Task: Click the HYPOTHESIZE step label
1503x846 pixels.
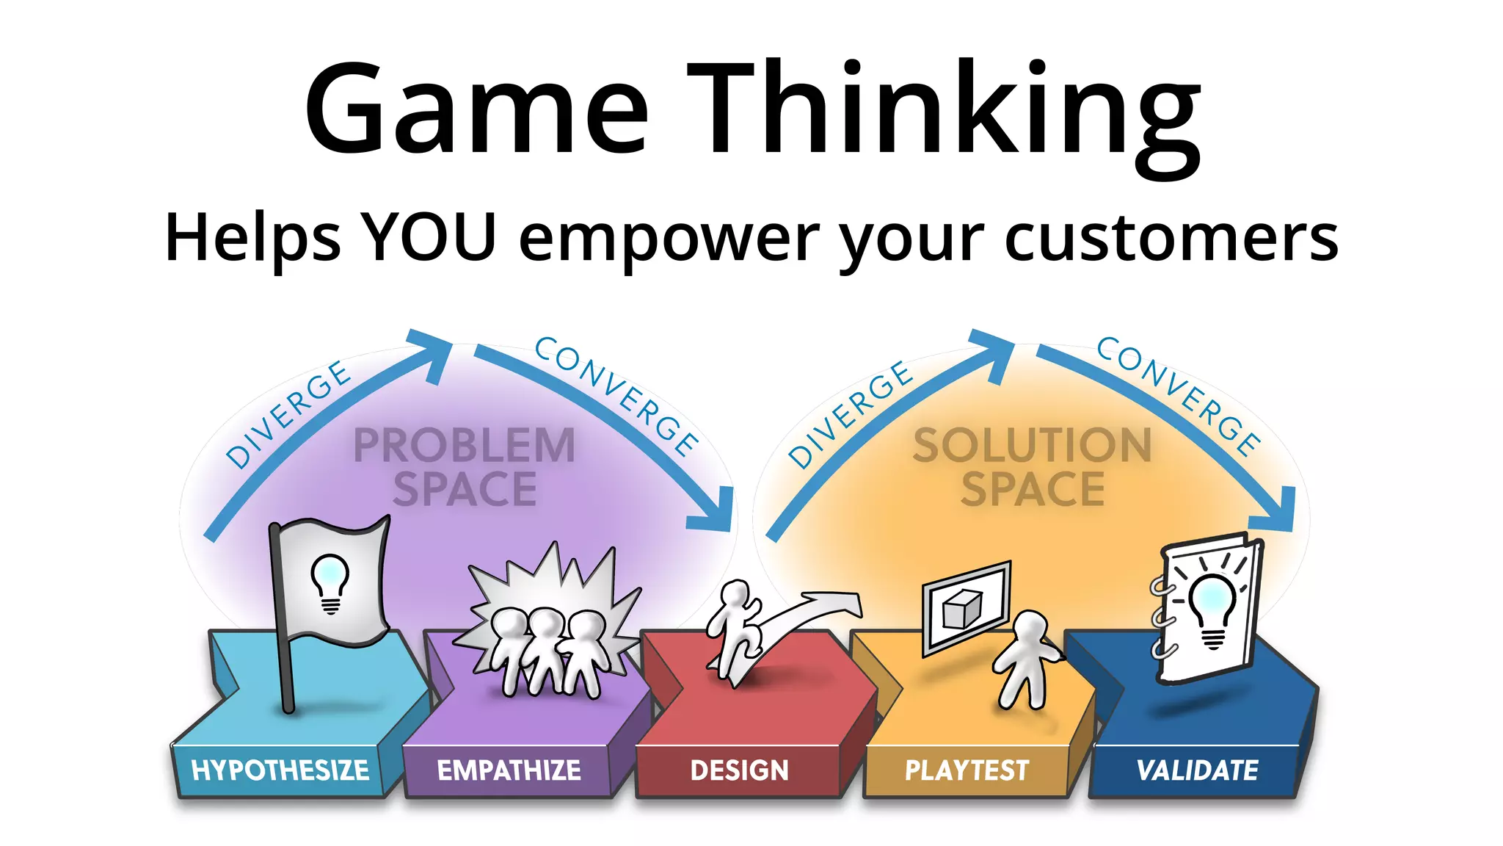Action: pos(280,770)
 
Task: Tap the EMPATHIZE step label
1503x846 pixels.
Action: pos(509,770)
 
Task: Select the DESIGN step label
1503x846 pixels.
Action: pos(739,770)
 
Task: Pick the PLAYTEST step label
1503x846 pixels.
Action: pos(967,770)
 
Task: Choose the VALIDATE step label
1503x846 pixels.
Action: pos(1197,770)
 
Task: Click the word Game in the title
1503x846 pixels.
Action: pos(477,110)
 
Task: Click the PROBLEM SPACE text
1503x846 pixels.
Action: pos(465,467)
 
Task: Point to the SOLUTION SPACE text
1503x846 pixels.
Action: pos(1033,467)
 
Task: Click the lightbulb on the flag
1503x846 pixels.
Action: pos(330,580)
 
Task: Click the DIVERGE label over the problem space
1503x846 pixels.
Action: pos(288,414)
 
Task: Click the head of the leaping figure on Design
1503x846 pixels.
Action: pos(735,593)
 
